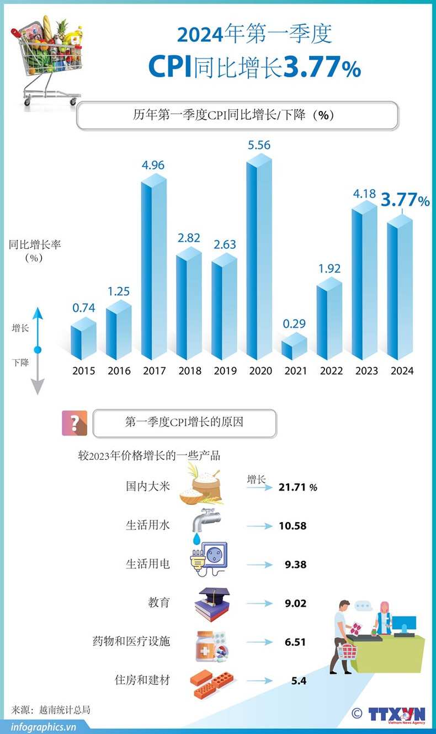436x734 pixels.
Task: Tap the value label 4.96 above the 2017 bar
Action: [153, 165]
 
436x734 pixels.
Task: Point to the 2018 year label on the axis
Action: [189, 371]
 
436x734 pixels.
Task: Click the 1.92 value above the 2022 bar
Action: [329, 269]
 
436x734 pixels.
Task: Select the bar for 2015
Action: [83, 338]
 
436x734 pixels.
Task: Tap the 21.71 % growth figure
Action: [298, 487]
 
